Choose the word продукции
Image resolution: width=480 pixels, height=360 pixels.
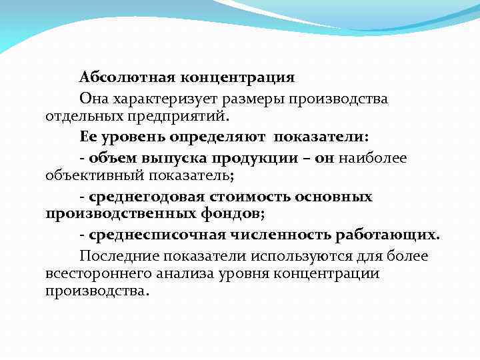(252, 157)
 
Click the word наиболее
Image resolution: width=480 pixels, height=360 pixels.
(373, 157)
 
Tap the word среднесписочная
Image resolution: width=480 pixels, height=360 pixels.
(152, 235)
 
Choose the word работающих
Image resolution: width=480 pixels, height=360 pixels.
(388, 235)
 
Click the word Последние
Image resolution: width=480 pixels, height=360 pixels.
(117, 256)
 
